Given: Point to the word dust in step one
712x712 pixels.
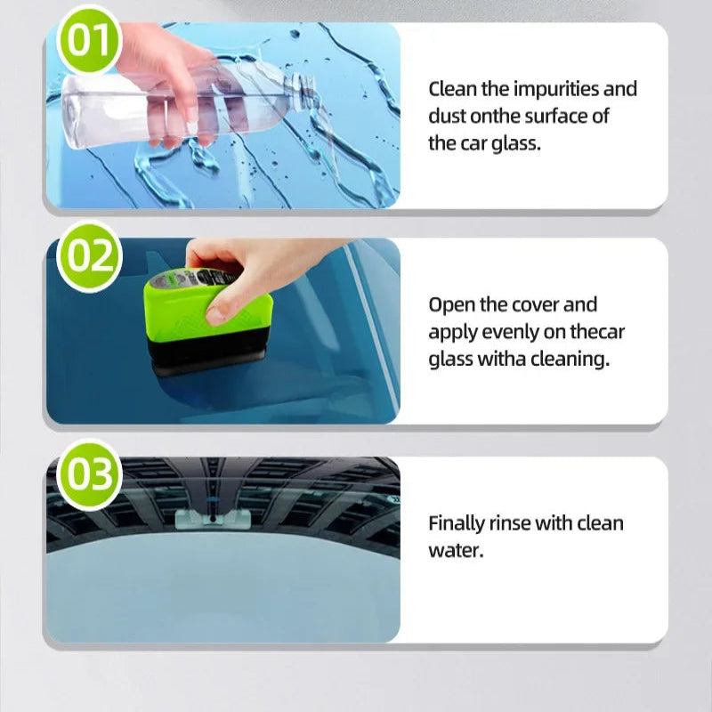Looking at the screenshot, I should pos(447,116).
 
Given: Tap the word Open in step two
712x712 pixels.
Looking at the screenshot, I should pos(451,305).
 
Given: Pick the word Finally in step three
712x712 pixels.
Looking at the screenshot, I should pos(456,523).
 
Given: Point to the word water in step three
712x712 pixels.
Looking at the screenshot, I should pos(455,550).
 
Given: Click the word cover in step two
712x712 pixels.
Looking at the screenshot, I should pos(535,305).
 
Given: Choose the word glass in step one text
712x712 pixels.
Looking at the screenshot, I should pos(515,142).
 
